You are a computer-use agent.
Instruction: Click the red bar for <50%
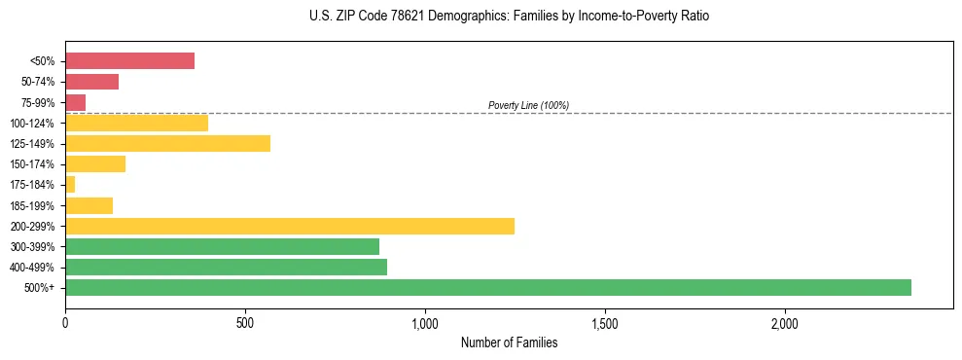point(129,61)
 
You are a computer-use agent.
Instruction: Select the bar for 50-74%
point(91,82)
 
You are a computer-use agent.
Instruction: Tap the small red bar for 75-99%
point(75,102)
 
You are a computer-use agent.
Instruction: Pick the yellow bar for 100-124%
point(136,123)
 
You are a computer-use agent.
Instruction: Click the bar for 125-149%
point(167,144)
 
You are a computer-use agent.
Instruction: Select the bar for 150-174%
point(95,164)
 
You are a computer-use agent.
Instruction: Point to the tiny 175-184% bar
point(70,185)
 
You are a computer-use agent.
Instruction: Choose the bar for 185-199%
point(89,205)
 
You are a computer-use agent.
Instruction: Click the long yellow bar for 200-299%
point(289,226)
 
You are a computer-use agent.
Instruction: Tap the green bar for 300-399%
point(222,246)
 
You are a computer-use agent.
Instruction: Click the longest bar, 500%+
point(487,287)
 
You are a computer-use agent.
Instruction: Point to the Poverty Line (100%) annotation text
point(528,105)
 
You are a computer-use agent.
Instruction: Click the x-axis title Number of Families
point(509,342)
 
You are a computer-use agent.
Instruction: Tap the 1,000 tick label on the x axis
point(425,323)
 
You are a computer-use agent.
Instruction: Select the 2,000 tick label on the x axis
point(785,323)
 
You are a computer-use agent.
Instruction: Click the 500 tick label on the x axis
point(245,323)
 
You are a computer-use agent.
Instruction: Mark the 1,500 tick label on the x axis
point(605,323)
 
